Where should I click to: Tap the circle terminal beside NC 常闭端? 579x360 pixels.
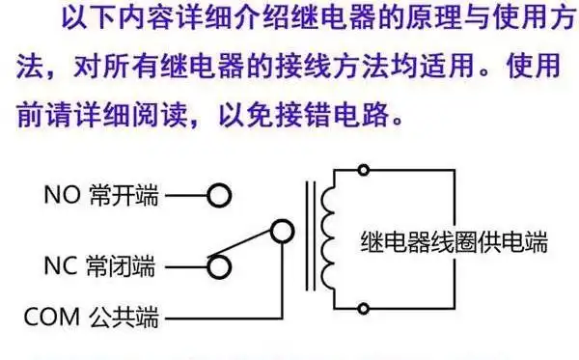tap(221, 265)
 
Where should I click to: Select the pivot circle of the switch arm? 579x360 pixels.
tap(281, 232)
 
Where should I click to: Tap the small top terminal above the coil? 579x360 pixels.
tap(363, 172)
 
